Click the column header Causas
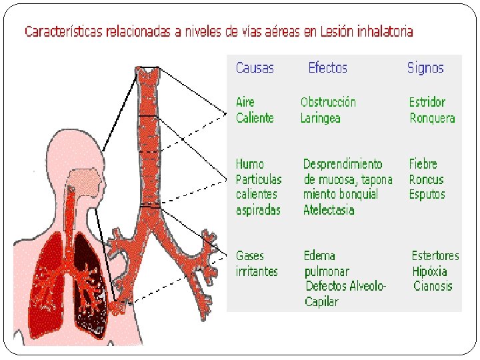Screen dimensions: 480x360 point(255,68)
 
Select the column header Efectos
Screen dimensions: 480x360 point(327,68)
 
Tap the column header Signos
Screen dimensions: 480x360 point(425,68)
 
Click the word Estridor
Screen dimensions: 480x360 point(427,102)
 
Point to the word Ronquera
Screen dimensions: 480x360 point(432,118)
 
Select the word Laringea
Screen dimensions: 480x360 point(320,118)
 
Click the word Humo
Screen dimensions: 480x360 point(250,164)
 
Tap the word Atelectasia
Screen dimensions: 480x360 point(329,210)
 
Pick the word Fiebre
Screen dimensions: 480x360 point(423,164)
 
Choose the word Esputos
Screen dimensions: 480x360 point(427,195)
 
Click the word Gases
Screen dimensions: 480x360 point(250,256)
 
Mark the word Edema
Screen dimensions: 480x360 point(319,256)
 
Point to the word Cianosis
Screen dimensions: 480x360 point(433,287)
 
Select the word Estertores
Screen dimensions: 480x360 point(435,256)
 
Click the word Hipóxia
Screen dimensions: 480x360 point(430,271)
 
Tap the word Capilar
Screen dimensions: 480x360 point(321,302)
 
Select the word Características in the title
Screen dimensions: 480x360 point(64,31)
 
